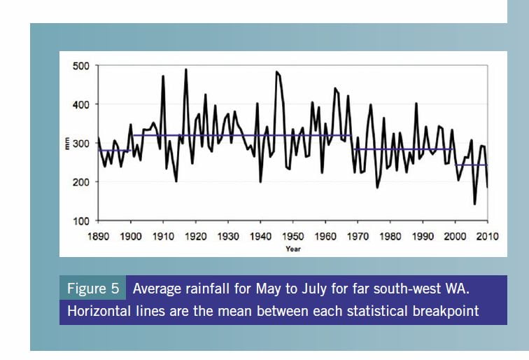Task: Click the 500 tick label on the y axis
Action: (x=83, y=66)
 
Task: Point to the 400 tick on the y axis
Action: (x=83, y=104)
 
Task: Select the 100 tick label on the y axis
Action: (x=83, y=221)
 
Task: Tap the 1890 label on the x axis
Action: (x=98, y=237)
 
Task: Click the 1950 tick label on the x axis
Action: (x=293, y=237)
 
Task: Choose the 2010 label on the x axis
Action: (x=487, y=237)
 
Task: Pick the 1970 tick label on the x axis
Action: (x=358, y=237)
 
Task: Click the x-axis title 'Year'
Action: (x=293, y=248)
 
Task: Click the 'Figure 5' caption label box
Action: (x=92, y=289)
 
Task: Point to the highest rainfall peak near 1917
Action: (x=186, y=69)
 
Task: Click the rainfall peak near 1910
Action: (x=163, y=76)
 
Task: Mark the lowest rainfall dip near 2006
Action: (x=475, y=204)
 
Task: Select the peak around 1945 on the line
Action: (x=277, y=71)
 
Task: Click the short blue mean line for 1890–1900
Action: (x=113, y=151)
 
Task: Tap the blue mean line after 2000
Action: (x=471, y=165)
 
